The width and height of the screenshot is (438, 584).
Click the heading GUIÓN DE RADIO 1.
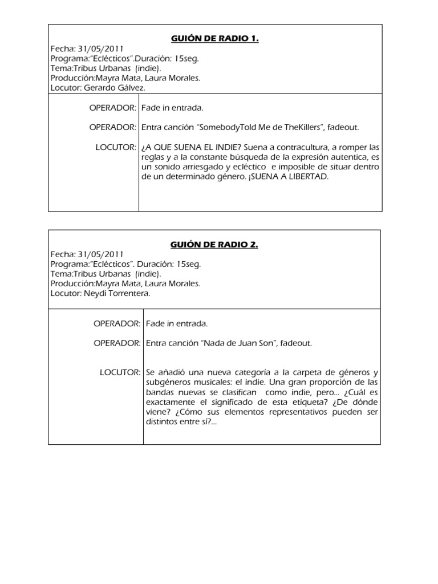[x=215, y=39]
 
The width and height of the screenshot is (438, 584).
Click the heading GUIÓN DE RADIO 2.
[x=214, y=245]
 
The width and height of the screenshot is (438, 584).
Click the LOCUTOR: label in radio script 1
[x=116, y=147]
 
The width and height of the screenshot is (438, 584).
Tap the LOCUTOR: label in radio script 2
[x=120, y=372]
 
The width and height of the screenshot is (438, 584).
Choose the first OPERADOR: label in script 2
[x=117, y=323]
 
